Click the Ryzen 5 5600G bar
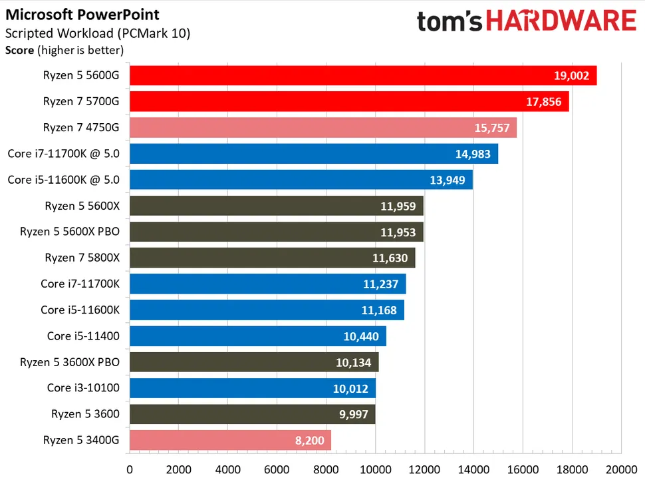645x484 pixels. pyautogui.click(x=362, y=76)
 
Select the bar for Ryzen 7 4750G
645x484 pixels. pyautogui.click(x=322, y=128)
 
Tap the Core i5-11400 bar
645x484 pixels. pyautogui.click(x=257, y=336)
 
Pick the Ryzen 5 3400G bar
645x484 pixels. pyautogui.click(x=230, y=440)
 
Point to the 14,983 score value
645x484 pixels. pyautogui.click(x=472, y=154)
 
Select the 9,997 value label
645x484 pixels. pyautogui.click(x=352, y=414)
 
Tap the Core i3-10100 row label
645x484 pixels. pyautogui.click(x=83, y=388)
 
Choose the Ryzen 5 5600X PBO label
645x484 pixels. pyautogui.click(x=70, y=232)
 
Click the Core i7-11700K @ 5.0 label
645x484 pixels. pyautogui.click(x=64, y=154)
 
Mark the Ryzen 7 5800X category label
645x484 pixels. pyautogui.click(x=82, y=258)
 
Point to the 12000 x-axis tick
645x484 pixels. pyautogui.click(x=424, y=469)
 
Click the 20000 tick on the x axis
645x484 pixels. pyautogui.click(x=621, y=469)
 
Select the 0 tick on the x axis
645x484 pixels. pyautogui.click(x=130, y=469)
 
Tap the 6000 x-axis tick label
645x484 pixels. pyautogui.click(x=277, y=469)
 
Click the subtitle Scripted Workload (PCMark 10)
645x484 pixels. pyautogui.click(x=98, y=33)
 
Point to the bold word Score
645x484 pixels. pyautogui.click(x=19, y=49)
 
